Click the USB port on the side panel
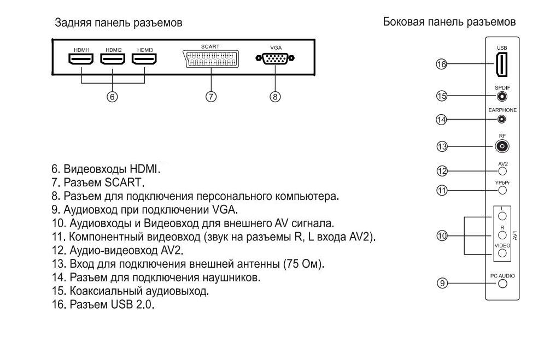(x=501, y=64)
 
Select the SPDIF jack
(x=501, y=97)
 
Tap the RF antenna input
(x=501, y=146)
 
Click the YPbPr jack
(x=501, y=191)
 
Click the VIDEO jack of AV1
(x=501, y=253)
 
